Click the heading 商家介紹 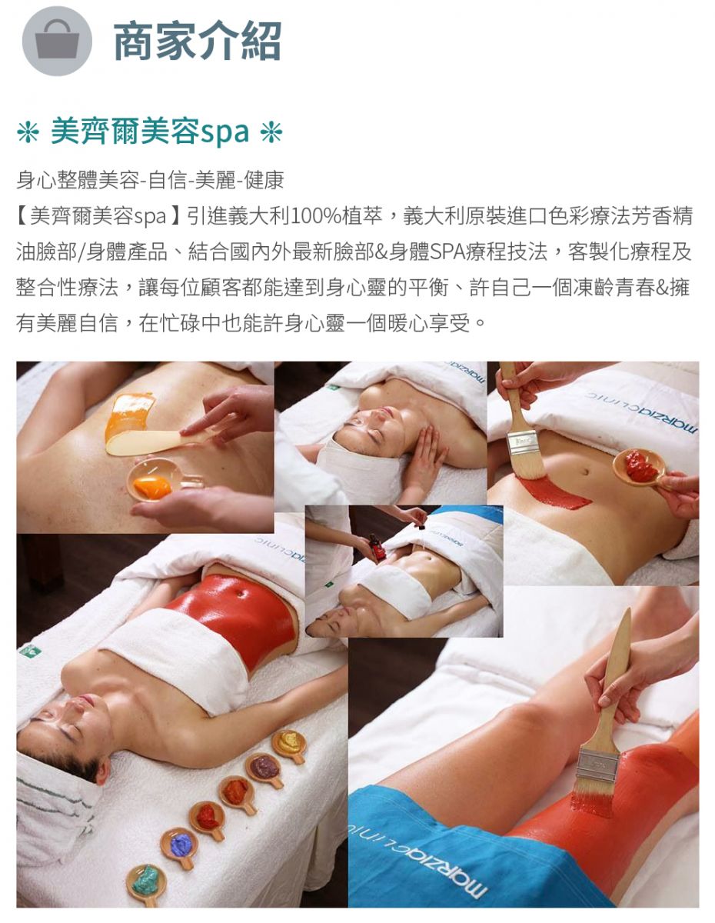tap(197, 41)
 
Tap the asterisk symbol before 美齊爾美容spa tap(28, 132)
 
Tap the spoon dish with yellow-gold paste tap(290, 746)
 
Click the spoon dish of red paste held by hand tap(640, 468)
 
